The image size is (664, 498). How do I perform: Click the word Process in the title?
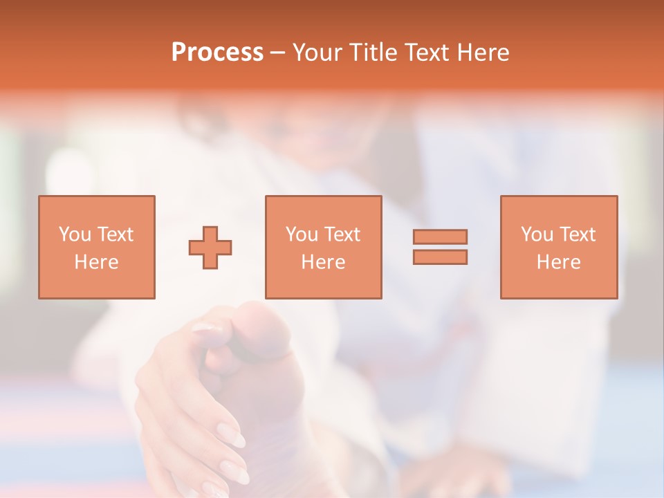click(x=217, y=53)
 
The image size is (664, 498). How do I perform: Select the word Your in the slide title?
click(x=311, y=53)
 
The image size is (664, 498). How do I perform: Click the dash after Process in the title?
click(x=277, y=53)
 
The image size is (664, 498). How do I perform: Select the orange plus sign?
click(x=210, y=248)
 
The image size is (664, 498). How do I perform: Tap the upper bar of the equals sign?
click(x=440, y=237)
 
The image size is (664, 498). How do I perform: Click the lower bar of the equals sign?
click(x=440, y=257)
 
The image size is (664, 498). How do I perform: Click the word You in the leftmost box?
click(x=74, y=234)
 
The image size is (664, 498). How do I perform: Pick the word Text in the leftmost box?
click(x=114, y=234)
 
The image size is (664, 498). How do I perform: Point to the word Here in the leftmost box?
click(x=96, y=262)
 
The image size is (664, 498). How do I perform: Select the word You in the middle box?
click(x=302, y=234)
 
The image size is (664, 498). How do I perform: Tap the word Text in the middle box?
click(x=342, y=234)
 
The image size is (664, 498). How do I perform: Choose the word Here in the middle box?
click(x=323, y=262)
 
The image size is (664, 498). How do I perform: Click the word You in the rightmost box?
click(x=537, y=234)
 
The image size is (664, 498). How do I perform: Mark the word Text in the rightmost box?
click(x=577, y=234)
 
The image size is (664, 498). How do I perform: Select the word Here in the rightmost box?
click(x=558, y=262)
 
